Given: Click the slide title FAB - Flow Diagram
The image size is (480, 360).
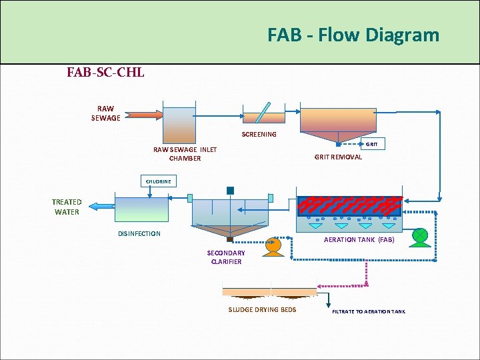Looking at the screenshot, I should pyautogui.click(x=353, y=35).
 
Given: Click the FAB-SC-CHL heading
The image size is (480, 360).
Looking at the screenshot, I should pyautogui.click(x=105, y=72).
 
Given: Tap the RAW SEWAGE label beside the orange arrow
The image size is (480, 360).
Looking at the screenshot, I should pyautogui.click(x=105, y=113).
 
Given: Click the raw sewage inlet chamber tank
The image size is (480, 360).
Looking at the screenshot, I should pyautogui.click(x=179, y=124).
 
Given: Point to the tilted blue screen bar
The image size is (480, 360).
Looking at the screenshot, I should pyautogui.click(x=264, y=112).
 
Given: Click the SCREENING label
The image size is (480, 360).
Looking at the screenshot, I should pyautogui.click(x=259, y=135).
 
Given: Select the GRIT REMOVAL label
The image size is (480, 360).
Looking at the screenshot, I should pyautogui.click(x=338, y=157).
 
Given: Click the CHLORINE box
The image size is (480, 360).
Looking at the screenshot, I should pyautogui.click(x=158, y=181).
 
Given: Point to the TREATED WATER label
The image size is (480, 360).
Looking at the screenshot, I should pyautogui.click(x=67, y=207).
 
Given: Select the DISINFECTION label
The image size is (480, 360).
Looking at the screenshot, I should pyautogui.click(x=139, y=234).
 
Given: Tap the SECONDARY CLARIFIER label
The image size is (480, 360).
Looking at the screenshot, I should pyautogui.click(x=226, y=257).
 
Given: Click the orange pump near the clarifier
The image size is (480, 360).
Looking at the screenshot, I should pyautogui.click(x=273, y=245).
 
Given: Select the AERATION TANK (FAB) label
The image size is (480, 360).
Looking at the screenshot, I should pyautogui.click(x=359, y=240).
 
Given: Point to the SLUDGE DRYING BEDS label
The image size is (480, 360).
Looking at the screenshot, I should pyautogui.click(x=262, y=310).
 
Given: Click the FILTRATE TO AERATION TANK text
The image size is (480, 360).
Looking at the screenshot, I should pyautogui.click(x=368, y=311).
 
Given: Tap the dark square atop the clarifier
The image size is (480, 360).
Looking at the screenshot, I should pyautogui.click(x=230, y=191).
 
